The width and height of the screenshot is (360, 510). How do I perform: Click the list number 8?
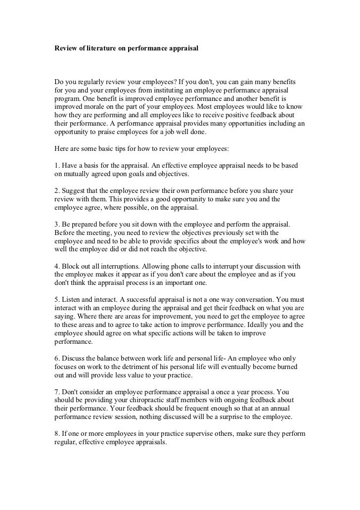coord(56,434)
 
